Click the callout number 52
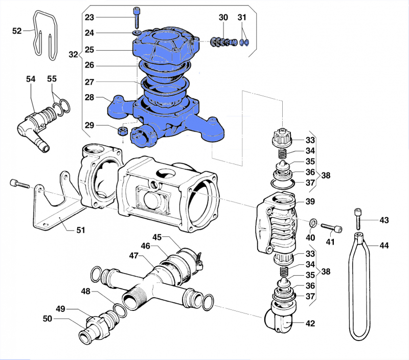click(17, 31)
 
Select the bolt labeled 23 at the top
click(137, 18)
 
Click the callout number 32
click(73, 54)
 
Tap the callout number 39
click(310, 201)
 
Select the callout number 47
click(133, 255)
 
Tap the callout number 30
click(223, 17)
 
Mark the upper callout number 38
click(326, 175)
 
